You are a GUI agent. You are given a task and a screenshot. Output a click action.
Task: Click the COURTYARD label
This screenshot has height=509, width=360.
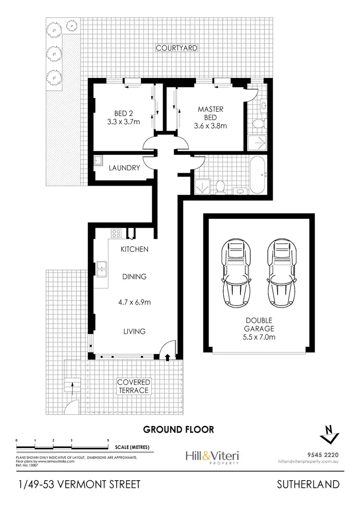point(176,48)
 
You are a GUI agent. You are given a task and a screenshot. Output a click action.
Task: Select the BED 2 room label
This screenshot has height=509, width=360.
point(123,114)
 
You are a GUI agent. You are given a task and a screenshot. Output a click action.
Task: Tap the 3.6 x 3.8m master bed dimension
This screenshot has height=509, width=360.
point(210,126)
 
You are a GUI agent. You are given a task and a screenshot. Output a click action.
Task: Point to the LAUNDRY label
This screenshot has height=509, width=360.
point(124,168)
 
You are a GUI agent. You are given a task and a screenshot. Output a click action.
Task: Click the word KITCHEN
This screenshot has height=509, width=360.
point(134,249)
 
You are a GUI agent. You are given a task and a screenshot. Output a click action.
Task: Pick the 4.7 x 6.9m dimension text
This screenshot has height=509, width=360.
point(134,302)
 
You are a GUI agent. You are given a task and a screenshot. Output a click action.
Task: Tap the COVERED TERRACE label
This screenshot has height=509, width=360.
point(134,386)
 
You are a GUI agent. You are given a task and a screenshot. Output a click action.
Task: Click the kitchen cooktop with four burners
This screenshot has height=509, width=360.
point(117,234)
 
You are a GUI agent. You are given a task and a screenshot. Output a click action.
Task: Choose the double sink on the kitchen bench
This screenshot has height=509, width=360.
point(101,269)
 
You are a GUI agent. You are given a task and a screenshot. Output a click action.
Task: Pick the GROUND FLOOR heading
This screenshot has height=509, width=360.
point(179,429)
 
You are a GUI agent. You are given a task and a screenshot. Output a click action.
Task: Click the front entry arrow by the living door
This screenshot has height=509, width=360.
point(167,357)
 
